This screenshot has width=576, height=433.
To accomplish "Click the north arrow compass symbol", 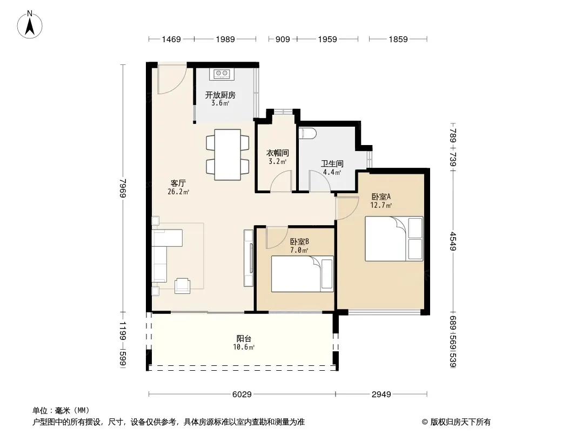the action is tap(30, 25).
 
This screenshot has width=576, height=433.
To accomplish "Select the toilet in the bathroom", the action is tap(307, 134).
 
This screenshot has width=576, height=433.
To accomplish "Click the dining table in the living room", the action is tap(228, 154).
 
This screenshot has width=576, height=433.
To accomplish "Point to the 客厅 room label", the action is tap(178, 183).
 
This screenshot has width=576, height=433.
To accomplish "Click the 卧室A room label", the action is tap(381, 197).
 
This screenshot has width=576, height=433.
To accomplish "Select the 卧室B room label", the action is tap(299, 242).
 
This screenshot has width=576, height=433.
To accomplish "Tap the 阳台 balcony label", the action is tap(244, 338).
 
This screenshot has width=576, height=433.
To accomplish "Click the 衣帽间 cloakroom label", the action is tap(277, 153).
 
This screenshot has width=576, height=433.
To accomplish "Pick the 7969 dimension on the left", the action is tap(123, 188).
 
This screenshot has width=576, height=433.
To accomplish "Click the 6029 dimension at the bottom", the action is tap(242, 395).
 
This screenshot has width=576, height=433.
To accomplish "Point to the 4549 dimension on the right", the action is tap(453, 241).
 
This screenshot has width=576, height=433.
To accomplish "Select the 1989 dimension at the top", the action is tap(225, 39).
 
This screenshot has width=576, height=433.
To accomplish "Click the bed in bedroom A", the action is tap(394, 239).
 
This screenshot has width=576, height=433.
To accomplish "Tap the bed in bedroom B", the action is tap(303, 274).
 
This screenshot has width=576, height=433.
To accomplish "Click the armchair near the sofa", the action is tap(182, 285).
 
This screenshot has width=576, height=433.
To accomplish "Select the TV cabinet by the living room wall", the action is tap(249, 258).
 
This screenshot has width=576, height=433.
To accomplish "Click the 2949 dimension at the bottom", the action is tap(381, 395).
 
